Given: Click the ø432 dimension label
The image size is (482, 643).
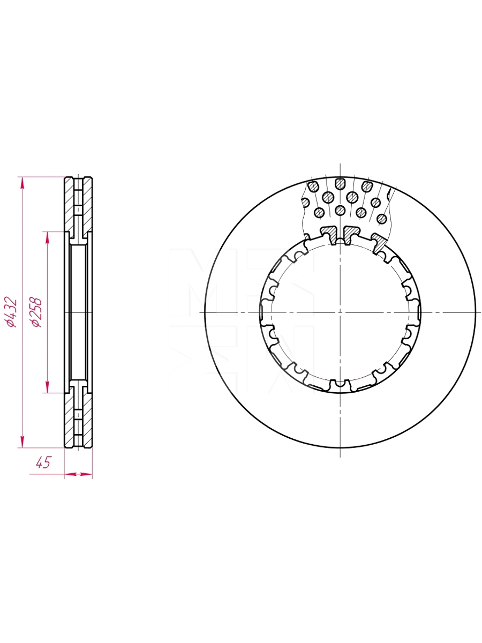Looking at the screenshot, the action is point(11,312).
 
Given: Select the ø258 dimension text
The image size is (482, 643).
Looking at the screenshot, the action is point(36,312).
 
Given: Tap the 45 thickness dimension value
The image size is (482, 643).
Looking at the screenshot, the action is point(43,463).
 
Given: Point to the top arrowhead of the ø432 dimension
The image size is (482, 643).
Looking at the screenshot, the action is point(22,184).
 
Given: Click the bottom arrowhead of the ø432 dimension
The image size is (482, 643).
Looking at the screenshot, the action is point(22,441).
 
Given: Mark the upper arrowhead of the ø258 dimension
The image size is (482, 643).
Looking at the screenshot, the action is point(48,238).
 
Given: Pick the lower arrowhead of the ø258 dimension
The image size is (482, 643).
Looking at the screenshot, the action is point(48,387).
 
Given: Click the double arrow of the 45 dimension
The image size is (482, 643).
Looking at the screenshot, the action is point(78,474).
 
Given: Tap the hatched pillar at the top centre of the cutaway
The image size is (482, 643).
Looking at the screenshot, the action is point(340,184).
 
